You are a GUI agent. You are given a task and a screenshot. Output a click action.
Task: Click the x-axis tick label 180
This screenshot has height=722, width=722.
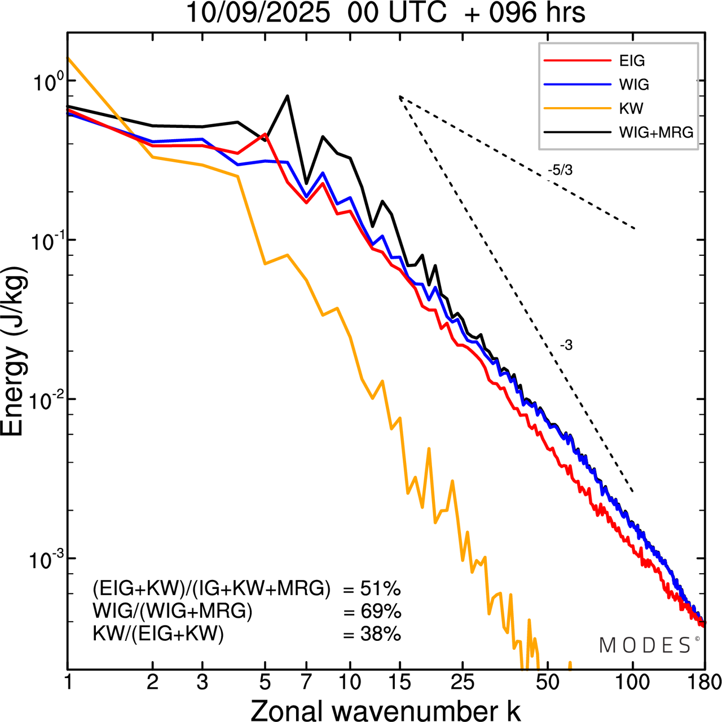(x=704, y=683)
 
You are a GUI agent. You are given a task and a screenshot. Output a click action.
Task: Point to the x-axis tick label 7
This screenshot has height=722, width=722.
(x=306, y=683)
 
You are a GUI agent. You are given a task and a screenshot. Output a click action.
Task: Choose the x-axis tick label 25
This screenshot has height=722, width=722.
(x=462, y=683)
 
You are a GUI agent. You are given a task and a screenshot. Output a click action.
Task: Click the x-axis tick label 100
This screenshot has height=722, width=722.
(x=632, y=683)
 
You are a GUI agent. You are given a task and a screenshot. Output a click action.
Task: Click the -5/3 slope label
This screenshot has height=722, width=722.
(x=560, y=170)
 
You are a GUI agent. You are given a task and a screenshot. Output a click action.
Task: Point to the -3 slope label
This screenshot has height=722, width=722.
(x=566, y=346)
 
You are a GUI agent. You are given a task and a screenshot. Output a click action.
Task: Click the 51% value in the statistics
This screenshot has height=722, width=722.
(x=380, y=589)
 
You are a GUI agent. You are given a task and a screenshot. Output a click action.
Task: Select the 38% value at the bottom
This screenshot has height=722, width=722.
(x=380, y=635)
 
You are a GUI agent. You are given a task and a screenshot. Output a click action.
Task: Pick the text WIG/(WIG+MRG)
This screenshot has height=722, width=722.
(x=173, y=612)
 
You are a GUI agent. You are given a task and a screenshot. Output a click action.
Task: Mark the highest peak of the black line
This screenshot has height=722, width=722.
(x=288, y=96)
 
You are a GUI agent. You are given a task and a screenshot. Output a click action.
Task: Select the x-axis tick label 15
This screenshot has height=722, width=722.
(x=399, y=683)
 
